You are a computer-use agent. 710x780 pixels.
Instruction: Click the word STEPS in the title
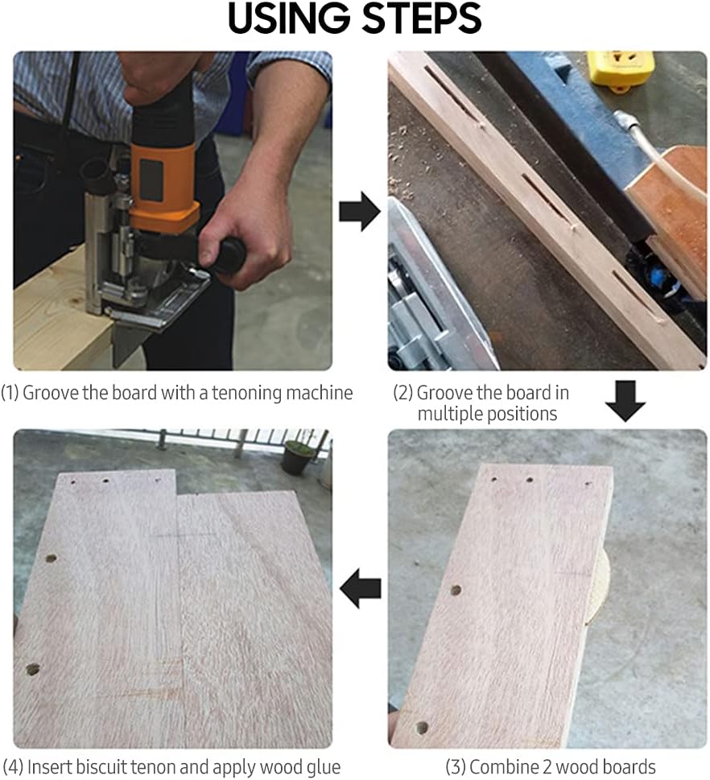point(422,19)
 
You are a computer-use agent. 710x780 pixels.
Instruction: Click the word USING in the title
point(289,19)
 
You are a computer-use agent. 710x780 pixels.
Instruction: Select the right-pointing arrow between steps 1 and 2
point(360,212)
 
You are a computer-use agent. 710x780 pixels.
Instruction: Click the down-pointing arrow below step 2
point(625,401)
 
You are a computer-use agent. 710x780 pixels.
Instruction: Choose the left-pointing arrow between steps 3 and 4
point(360,588)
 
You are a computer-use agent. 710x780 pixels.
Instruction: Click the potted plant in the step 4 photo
point(298,456)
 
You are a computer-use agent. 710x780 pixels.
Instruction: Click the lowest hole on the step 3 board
point(421,728)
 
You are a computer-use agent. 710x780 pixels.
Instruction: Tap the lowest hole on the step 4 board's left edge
point(33,670)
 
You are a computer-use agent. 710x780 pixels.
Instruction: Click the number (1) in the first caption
point(10,393)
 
